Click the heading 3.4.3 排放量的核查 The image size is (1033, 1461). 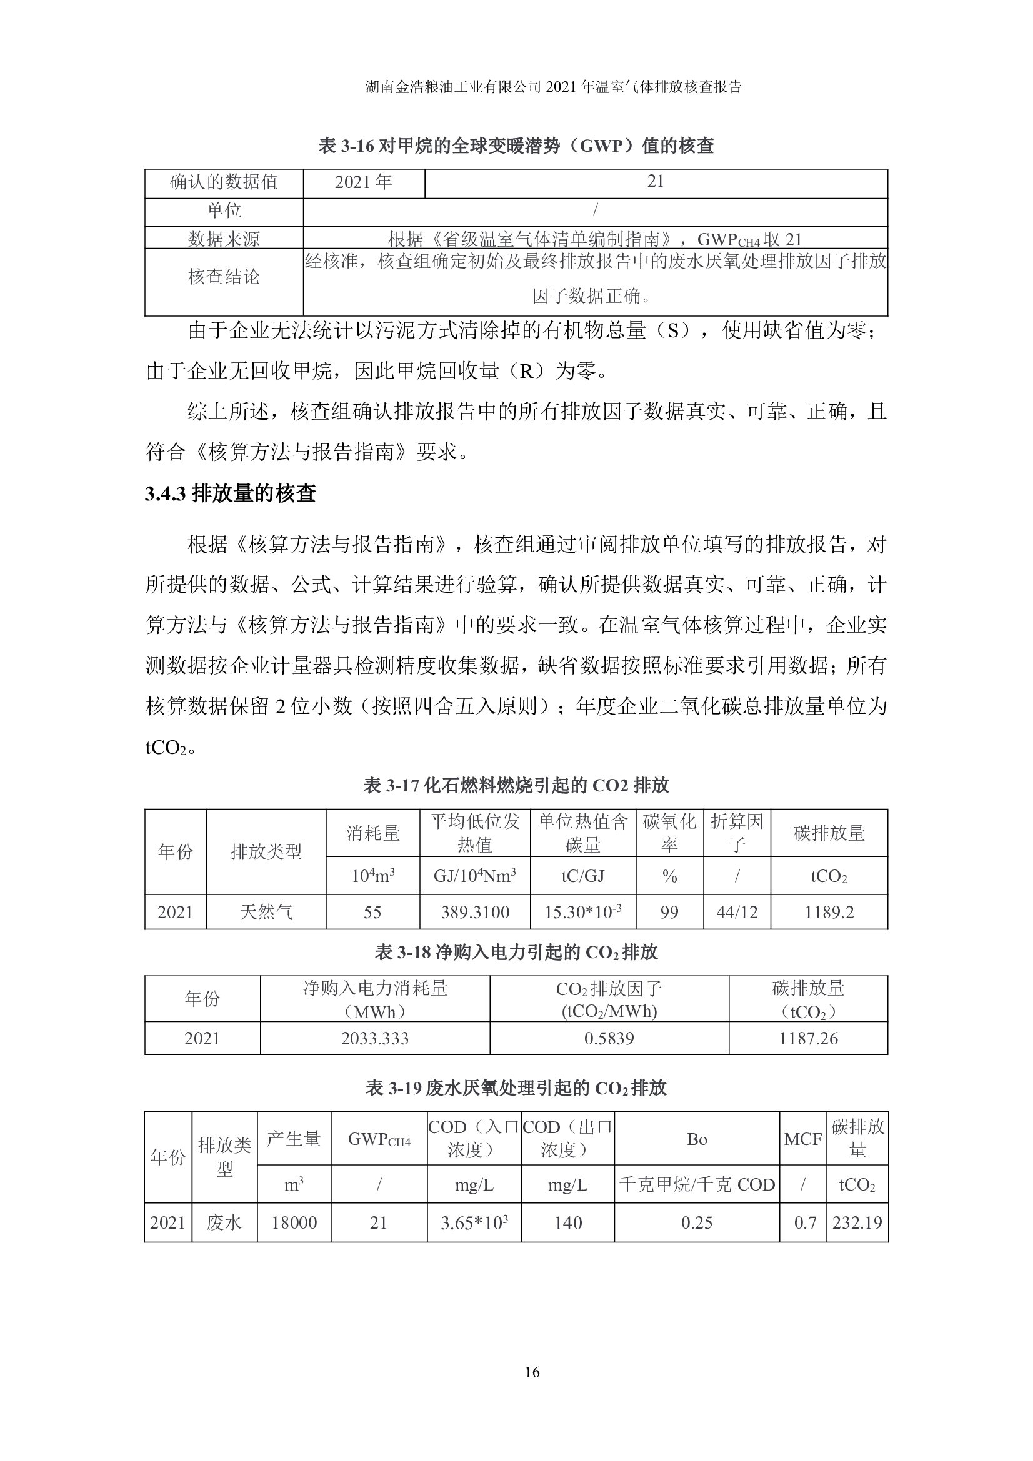coord(231,493)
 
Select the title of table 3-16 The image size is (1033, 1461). coord(516,146)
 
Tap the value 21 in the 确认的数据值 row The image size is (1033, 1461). coord(656,182)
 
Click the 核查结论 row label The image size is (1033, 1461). coord(224,277)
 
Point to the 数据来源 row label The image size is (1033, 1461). coord(224,239)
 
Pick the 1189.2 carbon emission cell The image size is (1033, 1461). coord(829,913)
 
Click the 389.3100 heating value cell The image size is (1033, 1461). coord(475,913)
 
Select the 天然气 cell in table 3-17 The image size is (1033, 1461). coord(266,913)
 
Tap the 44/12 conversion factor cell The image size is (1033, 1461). coord(737,913)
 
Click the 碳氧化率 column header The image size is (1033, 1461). coord(669,833)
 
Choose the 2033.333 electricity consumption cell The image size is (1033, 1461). coord(375,1039)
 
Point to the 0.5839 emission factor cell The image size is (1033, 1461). coord(609,1039)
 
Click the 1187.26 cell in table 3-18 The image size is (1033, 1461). coord(808,1039)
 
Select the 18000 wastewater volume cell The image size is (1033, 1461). coord(294,1222)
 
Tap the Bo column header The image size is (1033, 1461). coord(697,1139)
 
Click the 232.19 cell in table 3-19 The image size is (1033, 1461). coord(857,1222)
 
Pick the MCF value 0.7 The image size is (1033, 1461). coord(804,1222)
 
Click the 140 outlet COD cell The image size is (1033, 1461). coord(567,1222)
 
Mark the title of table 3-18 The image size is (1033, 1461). coord(516,953)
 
